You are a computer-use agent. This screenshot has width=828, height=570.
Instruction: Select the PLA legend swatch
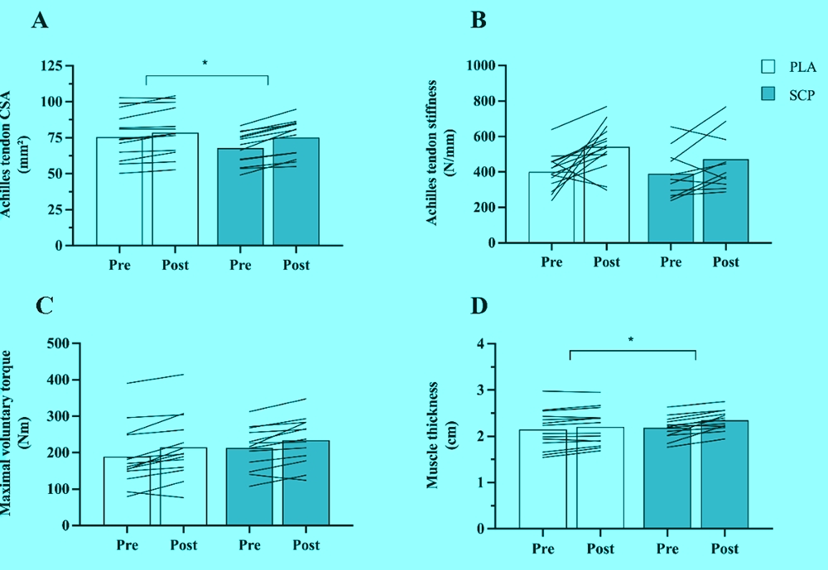coord(768,67)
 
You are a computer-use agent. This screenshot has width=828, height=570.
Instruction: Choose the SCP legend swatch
coord(768,94)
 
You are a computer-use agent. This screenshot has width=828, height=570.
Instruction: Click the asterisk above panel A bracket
coord(206,64)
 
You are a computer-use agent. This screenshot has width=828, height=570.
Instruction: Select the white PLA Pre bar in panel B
coord(551,208)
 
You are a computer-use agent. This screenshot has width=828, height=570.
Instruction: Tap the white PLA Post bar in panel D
coord(599,477)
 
